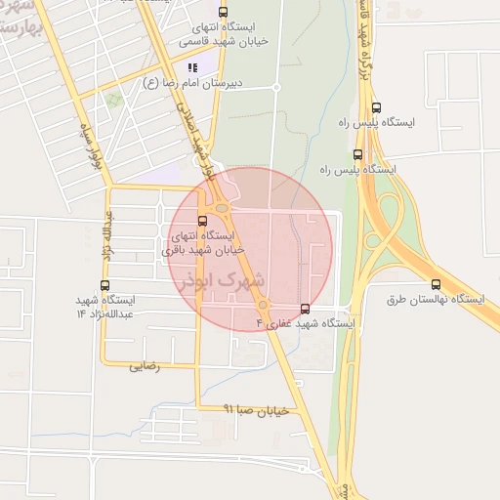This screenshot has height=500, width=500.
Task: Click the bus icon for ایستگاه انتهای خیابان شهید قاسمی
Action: (x=224, y=13)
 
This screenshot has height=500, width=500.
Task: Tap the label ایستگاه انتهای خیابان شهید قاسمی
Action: (x=224, y=35)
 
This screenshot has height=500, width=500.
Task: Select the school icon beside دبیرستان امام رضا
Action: (x=192, y=67)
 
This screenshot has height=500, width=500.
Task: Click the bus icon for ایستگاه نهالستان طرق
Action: (x=436, y=284)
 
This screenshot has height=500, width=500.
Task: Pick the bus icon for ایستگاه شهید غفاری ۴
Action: (x=306, y=309)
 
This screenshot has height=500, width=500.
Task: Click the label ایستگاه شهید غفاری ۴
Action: (x=306, y=322)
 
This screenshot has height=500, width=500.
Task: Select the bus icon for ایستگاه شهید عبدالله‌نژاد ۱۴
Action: (x=104, y=285)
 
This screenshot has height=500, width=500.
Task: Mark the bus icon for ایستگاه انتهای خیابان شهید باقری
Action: (x=202, y=221)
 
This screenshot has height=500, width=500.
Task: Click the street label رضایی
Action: (x=144, y=366)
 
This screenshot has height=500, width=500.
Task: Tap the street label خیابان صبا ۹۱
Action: (x=257, y=411)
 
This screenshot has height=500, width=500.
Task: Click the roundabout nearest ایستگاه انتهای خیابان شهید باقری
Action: (x=223, y=207)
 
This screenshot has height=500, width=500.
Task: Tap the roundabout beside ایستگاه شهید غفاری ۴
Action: (x=264, y=306)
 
